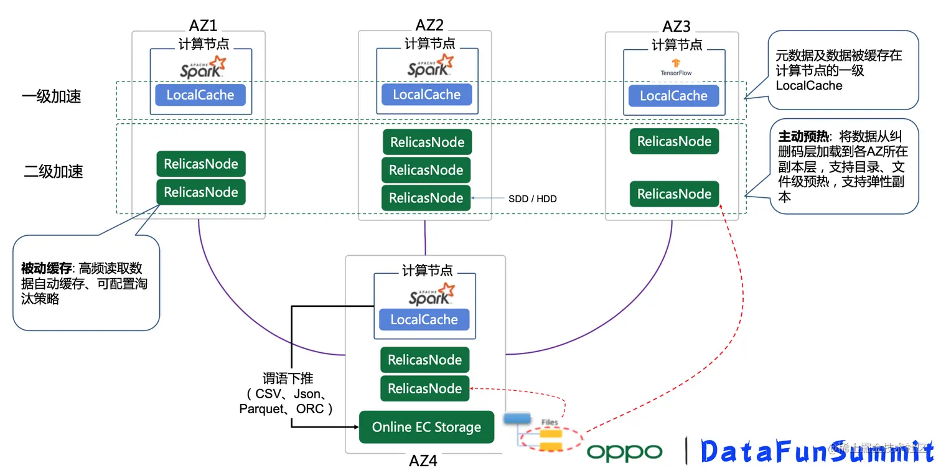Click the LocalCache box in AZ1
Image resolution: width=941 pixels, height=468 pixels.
(200, 95)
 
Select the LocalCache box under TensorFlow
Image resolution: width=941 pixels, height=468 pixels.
(673, 96)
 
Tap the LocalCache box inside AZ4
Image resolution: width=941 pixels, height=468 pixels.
(424, 320)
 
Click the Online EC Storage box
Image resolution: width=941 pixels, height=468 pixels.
(426, 428)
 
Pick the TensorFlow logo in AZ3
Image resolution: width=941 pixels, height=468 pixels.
(676, 66)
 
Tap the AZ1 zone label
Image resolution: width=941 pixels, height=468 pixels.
(203, 26)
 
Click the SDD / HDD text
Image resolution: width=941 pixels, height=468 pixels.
(533, 199)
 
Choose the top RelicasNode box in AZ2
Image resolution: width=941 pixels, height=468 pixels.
(427, 142)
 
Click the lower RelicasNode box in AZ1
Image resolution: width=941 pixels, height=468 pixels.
(200, 192)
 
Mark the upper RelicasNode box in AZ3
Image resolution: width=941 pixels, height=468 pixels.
(674, 141)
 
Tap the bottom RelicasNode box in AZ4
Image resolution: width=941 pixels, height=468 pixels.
(424, 389)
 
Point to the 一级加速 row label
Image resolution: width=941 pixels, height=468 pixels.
(52, 96)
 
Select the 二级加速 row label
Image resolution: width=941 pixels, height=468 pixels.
(54, 172)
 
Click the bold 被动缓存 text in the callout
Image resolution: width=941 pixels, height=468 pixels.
(47, 268)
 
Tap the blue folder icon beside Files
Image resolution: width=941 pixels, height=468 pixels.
(517, 419)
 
